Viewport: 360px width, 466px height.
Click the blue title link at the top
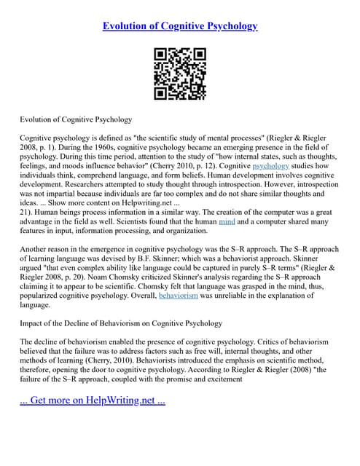(x=180, y=26)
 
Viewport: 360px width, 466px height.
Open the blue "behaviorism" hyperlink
(x=178, y=296)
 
